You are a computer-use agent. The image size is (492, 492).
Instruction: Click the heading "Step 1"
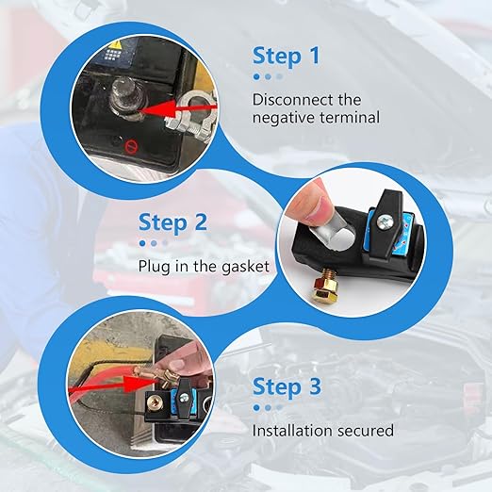pos(291,56)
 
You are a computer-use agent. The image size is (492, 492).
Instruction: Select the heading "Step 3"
pos(287,387)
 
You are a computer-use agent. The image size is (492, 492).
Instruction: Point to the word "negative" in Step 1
pos(287,118)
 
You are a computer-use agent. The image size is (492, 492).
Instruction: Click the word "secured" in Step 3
pos(365,430)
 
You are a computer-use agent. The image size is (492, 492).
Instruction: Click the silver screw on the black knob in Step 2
pos(389,221)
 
